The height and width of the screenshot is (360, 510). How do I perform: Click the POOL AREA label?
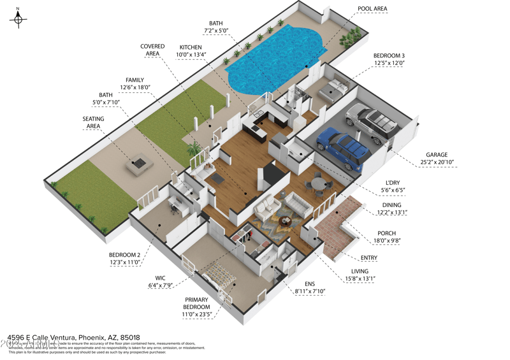(372, 9)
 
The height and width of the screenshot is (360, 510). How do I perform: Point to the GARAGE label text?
(437, 155)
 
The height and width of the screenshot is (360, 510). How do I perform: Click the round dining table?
(318, 185)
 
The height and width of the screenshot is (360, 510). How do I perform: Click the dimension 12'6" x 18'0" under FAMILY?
(135, 87)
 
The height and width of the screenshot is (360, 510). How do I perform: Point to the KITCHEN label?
(191, 47)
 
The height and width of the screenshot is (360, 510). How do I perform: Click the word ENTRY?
(369, 258)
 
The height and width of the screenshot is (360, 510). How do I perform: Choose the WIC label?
(159, 278)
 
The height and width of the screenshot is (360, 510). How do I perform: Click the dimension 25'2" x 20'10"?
(437, 162)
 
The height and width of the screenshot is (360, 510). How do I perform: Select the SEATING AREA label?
(93, 122)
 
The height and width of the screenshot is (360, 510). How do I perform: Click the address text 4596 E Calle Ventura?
(42, 337)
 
